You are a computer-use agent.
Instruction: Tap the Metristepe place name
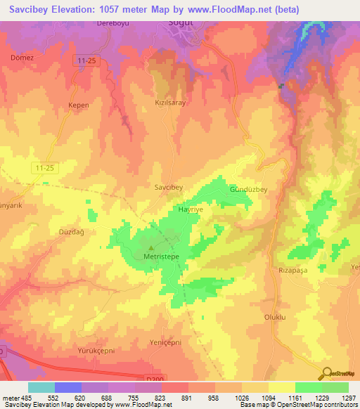(x=153, y=257)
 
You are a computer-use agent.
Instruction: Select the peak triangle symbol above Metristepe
(x=150, y=247)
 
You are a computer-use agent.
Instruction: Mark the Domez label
(x=22, y=58)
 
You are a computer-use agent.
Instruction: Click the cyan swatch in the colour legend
(x=41, y=387)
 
